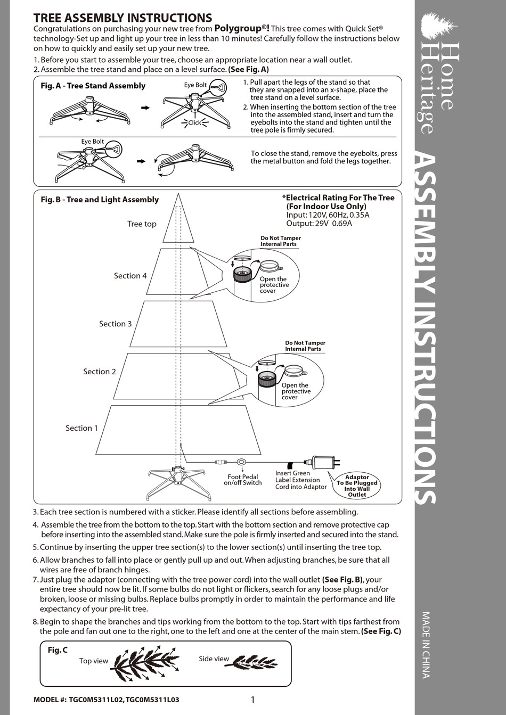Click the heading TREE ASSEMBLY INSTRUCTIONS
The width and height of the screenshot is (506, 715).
[123, 18]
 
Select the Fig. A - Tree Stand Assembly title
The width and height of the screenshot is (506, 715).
[93, 86]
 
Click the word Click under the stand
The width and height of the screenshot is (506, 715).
[194, 122]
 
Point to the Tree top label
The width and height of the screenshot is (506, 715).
[142, 224]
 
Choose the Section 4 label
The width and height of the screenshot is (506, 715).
[130, 276]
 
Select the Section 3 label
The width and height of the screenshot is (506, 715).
[115, 324]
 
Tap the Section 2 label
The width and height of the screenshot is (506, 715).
[99, 372]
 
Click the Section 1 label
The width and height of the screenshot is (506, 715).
[81, 428]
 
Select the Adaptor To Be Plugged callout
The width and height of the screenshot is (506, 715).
[357, 486]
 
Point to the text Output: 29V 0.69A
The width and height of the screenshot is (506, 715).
[319, 224]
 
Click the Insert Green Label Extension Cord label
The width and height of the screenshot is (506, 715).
[300, 480]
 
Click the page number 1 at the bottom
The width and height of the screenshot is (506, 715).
[252, 700]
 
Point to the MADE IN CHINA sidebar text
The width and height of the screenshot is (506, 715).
[426, 644]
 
